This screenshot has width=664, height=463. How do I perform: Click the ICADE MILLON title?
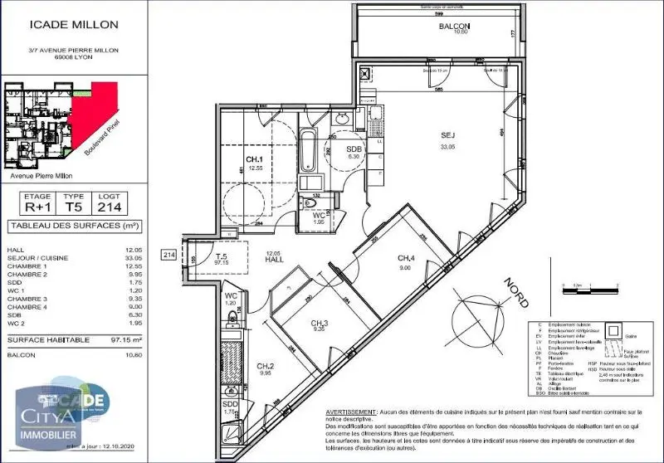tap(74, 25)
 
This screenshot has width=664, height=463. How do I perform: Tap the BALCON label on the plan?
tap(454, 26)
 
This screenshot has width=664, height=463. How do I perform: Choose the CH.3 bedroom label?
tap(320, 323)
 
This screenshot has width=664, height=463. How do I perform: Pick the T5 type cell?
tap(74, 208)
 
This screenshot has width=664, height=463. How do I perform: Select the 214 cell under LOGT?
tap(115, 208)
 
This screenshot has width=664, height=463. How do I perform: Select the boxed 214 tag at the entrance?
tap(169, 256)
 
